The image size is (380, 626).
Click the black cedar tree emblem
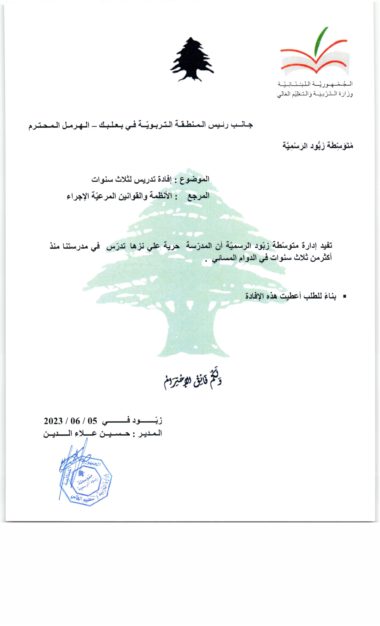[192, 60]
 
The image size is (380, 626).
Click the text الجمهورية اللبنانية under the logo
[315, 84]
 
